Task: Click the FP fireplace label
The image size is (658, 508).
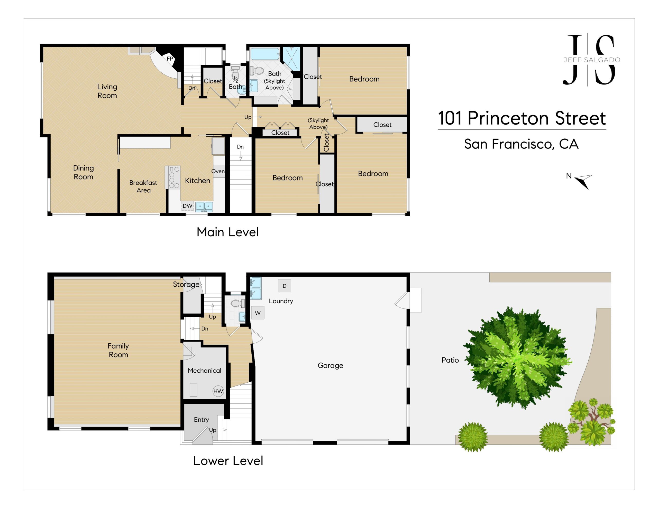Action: [170, 58]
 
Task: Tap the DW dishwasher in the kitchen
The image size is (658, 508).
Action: [187, 206]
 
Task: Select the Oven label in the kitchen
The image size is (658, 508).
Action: [218, 171]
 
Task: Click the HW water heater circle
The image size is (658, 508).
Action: [218, 391]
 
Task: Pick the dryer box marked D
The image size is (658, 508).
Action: [285, 286]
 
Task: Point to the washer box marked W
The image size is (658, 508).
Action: [258, 313]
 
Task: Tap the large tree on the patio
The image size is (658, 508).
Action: [517, 358]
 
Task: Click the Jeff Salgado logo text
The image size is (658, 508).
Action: [592, 60]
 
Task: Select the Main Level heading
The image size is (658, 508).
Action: [227, 232]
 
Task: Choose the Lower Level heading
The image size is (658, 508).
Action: [228, 461]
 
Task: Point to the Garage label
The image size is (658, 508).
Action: [330, 365]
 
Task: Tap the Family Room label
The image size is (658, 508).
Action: [118, 350]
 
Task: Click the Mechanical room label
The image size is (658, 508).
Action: [204, 370]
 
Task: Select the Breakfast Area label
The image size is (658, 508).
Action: [143, 186]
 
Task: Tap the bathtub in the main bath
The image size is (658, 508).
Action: [265, 54]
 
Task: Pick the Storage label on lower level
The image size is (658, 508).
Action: [186, 284]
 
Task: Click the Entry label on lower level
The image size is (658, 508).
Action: [201, 419]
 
